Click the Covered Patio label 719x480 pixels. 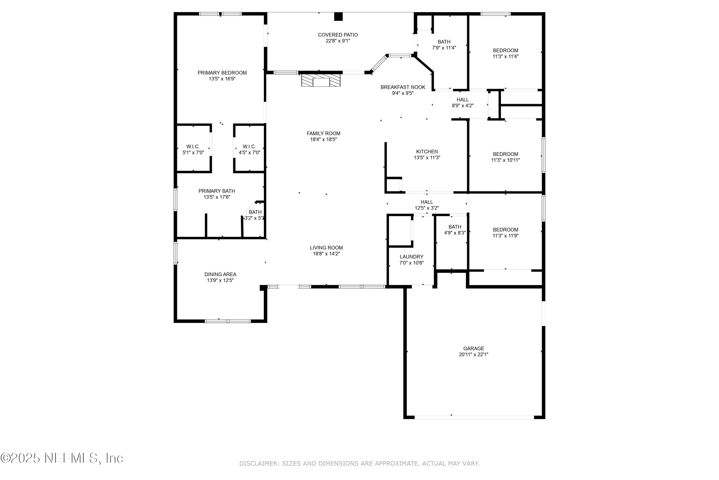(x=337, y=35)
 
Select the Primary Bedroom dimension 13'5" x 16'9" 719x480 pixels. (x=222, y=79)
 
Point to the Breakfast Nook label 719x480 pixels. (x=403, y=87)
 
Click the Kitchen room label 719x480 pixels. (x=427, y=151)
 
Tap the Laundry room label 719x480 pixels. (x=412, y=257)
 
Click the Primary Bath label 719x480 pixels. (x=216, y=191)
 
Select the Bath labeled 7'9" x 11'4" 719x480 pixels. (x=444, y=45)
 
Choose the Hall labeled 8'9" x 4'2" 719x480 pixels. (x=463, y=102)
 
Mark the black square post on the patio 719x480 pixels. (x=338, y=17)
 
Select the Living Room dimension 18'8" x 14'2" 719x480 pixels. (x=326, y=254)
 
